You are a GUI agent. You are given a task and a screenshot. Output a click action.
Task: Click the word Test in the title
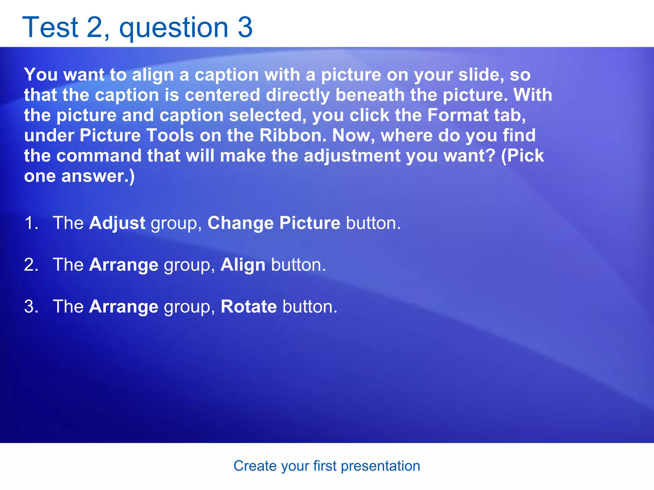(50, 27)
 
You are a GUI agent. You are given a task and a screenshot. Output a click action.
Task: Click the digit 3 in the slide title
(245, 27)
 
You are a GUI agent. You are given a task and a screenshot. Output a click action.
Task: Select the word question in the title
(174, 29)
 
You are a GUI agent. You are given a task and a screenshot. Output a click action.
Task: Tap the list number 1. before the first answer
(31, 223)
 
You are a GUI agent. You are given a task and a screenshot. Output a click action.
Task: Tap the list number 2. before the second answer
(31, 265)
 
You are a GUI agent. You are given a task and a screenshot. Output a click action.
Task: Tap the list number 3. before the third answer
(31, 307)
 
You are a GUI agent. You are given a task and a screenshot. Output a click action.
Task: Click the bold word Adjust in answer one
(117, 223)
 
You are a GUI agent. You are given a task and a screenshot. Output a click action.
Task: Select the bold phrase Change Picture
(274, 223)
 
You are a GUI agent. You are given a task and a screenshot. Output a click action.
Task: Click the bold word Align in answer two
(243, 265)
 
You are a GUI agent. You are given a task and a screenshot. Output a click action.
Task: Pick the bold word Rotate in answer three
(248, 307)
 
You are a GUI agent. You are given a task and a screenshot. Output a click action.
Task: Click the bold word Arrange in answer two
(124, 265)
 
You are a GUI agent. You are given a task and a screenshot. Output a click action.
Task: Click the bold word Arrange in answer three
(124, 307)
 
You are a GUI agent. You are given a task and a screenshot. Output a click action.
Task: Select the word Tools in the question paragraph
(170, 135)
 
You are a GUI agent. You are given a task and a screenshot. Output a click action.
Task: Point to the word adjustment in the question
(352, 156)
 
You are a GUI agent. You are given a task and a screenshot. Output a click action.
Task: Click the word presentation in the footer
(380, 466)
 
